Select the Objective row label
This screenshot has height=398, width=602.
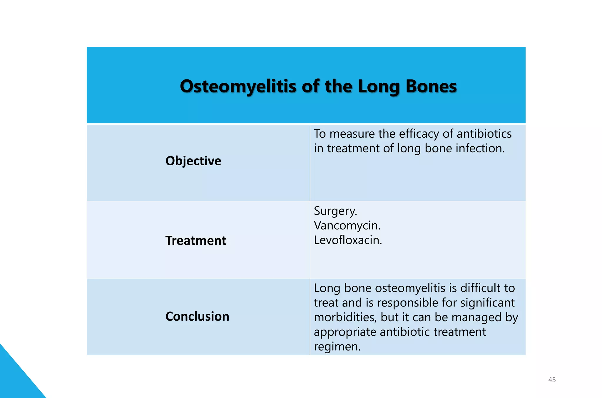193,161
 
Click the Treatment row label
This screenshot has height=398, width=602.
196,241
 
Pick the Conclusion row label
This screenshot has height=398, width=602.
197,317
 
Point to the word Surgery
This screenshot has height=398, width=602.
335,211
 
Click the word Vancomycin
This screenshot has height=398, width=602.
347,226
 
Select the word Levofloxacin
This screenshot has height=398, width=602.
348,240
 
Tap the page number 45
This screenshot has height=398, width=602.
552,380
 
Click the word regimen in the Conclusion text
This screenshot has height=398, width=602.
337,347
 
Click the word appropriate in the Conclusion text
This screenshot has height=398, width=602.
345,332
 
